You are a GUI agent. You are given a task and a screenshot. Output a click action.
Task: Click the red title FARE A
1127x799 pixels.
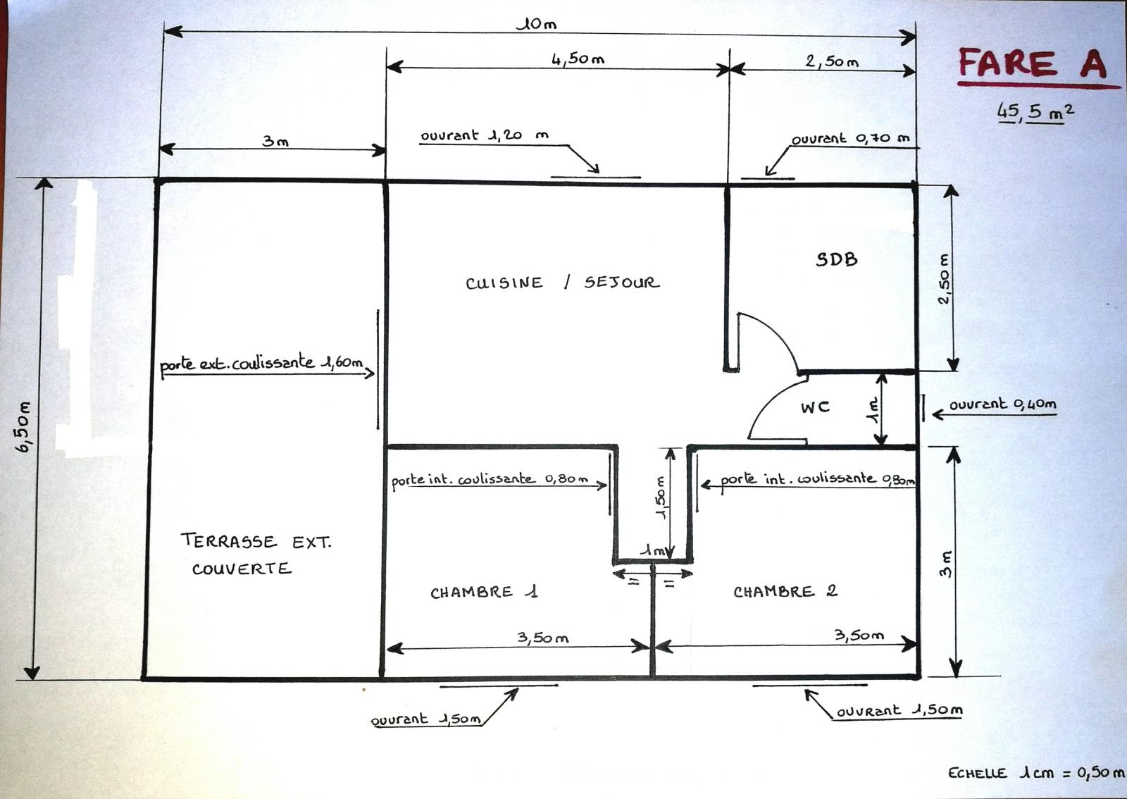[x=1033, y=63]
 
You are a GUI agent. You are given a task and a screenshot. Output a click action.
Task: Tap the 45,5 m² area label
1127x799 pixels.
[x=1035, y=112]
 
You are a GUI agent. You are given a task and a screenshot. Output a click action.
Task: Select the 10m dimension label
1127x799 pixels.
[x=537, y=24]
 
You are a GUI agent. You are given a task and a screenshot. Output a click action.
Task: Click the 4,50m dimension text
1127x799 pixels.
[x=578, y=59]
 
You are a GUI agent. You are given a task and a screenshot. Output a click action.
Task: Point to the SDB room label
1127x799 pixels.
[x=836, y=259]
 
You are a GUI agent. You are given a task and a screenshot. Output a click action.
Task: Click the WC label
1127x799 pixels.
[x=815, y=407]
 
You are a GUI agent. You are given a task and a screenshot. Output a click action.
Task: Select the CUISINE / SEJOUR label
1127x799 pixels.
[x=562, y=283]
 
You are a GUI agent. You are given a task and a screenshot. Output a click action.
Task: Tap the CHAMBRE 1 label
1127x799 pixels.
[x=484, y=592]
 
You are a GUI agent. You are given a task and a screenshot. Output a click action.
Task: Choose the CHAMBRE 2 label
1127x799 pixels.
[x=785, y=591]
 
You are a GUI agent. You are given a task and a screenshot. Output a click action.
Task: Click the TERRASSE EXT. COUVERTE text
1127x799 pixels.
[x=256, y=555]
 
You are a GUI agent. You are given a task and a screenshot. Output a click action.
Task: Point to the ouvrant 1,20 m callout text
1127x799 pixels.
[x=485, y=135]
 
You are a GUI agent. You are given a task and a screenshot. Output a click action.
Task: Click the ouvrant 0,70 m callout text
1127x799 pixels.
[x=851, y=138]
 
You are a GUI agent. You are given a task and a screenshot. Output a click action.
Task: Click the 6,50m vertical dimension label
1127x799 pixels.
[x=25, y=427]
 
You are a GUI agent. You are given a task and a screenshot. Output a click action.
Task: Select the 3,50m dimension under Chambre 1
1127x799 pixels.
[x=543, y=638]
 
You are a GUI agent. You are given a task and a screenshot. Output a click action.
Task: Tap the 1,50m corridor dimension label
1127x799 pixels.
[x=661, y=497]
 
